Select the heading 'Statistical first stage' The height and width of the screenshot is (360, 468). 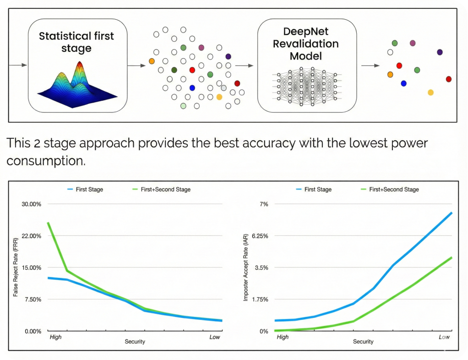pos(76,42)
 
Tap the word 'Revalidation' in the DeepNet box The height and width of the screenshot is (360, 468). pos(305,44)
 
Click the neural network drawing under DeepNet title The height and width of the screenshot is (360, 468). pos(307,87)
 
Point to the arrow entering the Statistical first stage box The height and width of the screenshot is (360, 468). pos(18,65)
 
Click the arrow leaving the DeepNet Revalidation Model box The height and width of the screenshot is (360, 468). pos(370,65)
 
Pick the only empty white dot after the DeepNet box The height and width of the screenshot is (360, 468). pos(390,52)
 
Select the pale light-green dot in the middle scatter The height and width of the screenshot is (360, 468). pos(183,106)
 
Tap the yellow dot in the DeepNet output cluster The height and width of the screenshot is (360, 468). pos(430,93)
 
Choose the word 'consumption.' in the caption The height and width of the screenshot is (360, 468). pos(46,161)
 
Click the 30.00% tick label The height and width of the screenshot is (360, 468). pos(31,204)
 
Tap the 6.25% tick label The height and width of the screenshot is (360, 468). pos(260,236)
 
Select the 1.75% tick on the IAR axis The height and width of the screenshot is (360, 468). pos(260,300)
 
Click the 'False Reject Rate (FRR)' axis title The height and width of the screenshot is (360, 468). pos(16,267)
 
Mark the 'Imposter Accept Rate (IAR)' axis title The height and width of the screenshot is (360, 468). pos(245,267)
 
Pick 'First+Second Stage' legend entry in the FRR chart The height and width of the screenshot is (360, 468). pos(162,189)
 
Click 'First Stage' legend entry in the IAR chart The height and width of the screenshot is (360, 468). pos(314,189)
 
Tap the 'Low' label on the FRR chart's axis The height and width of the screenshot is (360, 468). pos(215,337)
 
